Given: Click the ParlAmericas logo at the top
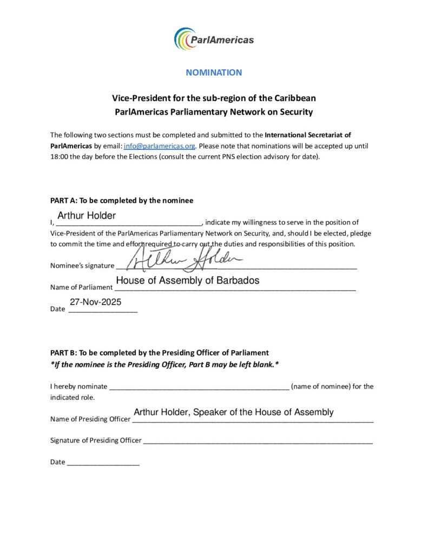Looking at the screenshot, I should [214, 39].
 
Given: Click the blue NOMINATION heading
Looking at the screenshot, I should [214, 72].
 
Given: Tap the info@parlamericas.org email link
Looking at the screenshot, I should [159, 146].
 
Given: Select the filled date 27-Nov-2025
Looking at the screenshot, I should [95, 302].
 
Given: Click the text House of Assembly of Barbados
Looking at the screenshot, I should [187, 281].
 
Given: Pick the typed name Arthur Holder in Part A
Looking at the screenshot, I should [87, 216].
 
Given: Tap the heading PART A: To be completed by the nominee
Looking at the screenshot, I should [122, 201].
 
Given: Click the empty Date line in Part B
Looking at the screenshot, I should [103, 463].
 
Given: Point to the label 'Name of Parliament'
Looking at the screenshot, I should [81, 287].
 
